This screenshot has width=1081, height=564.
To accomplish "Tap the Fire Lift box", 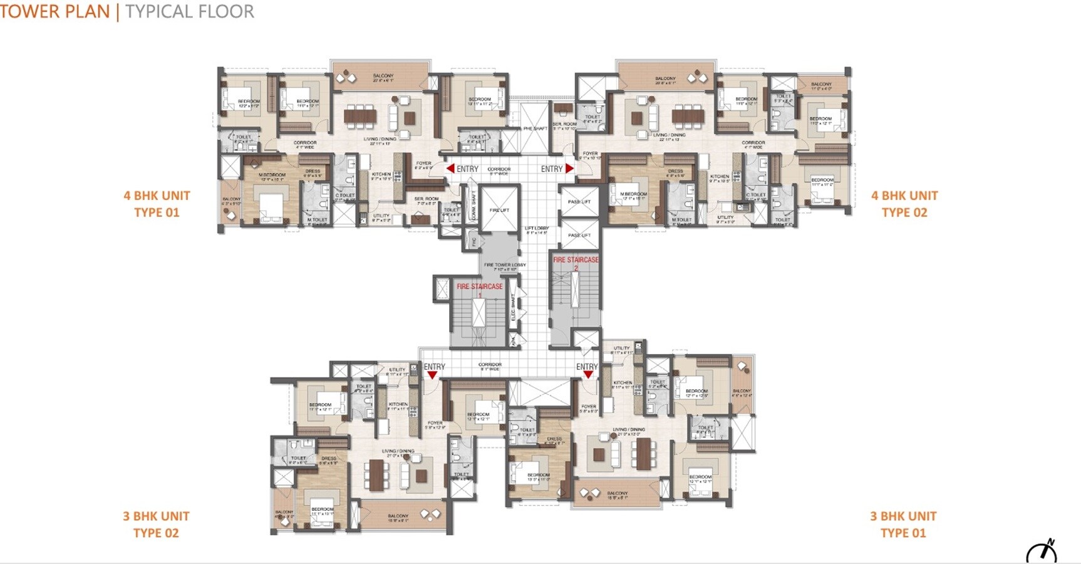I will tap(499, 210).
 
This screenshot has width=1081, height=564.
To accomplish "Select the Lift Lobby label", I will tap(537, 230).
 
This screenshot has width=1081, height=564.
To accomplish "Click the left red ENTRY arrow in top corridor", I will tap(450, 169).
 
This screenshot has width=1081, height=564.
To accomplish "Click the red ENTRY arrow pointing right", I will tap(569, 169).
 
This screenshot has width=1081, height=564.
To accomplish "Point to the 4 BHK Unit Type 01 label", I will tap(157, 204).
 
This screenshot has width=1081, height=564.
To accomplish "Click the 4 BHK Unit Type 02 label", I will tap(904, 204).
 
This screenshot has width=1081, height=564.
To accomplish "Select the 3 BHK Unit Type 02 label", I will tap(156, 525).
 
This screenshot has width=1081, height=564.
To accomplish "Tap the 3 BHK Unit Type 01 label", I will tap(903, 525).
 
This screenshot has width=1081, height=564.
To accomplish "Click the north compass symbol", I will tap(1042, 551).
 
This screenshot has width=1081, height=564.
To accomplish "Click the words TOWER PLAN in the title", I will tap(55, 11).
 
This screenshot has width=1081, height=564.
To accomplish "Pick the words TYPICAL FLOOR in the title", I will tap(189, 11).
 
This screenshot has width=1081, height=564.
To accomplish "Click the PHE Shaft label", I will tap(535, 128).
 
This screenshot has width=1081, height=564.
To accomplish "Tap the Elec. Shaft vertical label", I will tap(514, 308).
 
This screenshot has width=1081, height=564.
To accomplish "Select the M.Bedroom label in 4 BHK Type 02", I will tap(633, 195).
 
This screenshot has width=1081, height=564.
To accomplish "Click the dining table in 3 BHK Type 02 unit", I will tap(376, 474).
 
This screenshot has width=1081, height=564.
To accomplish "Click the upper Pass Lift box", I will tap(579, 202).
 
